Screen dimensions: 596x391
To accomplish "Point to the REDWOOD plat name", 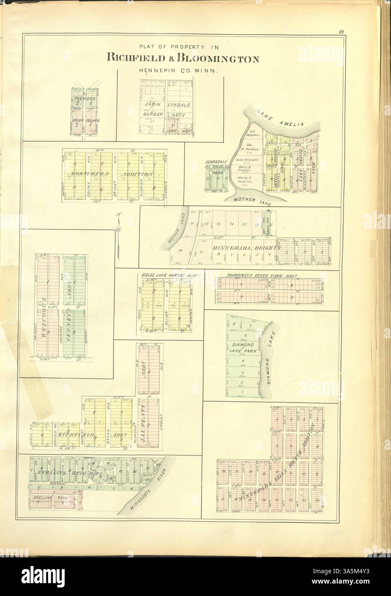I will click(84, 99).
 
